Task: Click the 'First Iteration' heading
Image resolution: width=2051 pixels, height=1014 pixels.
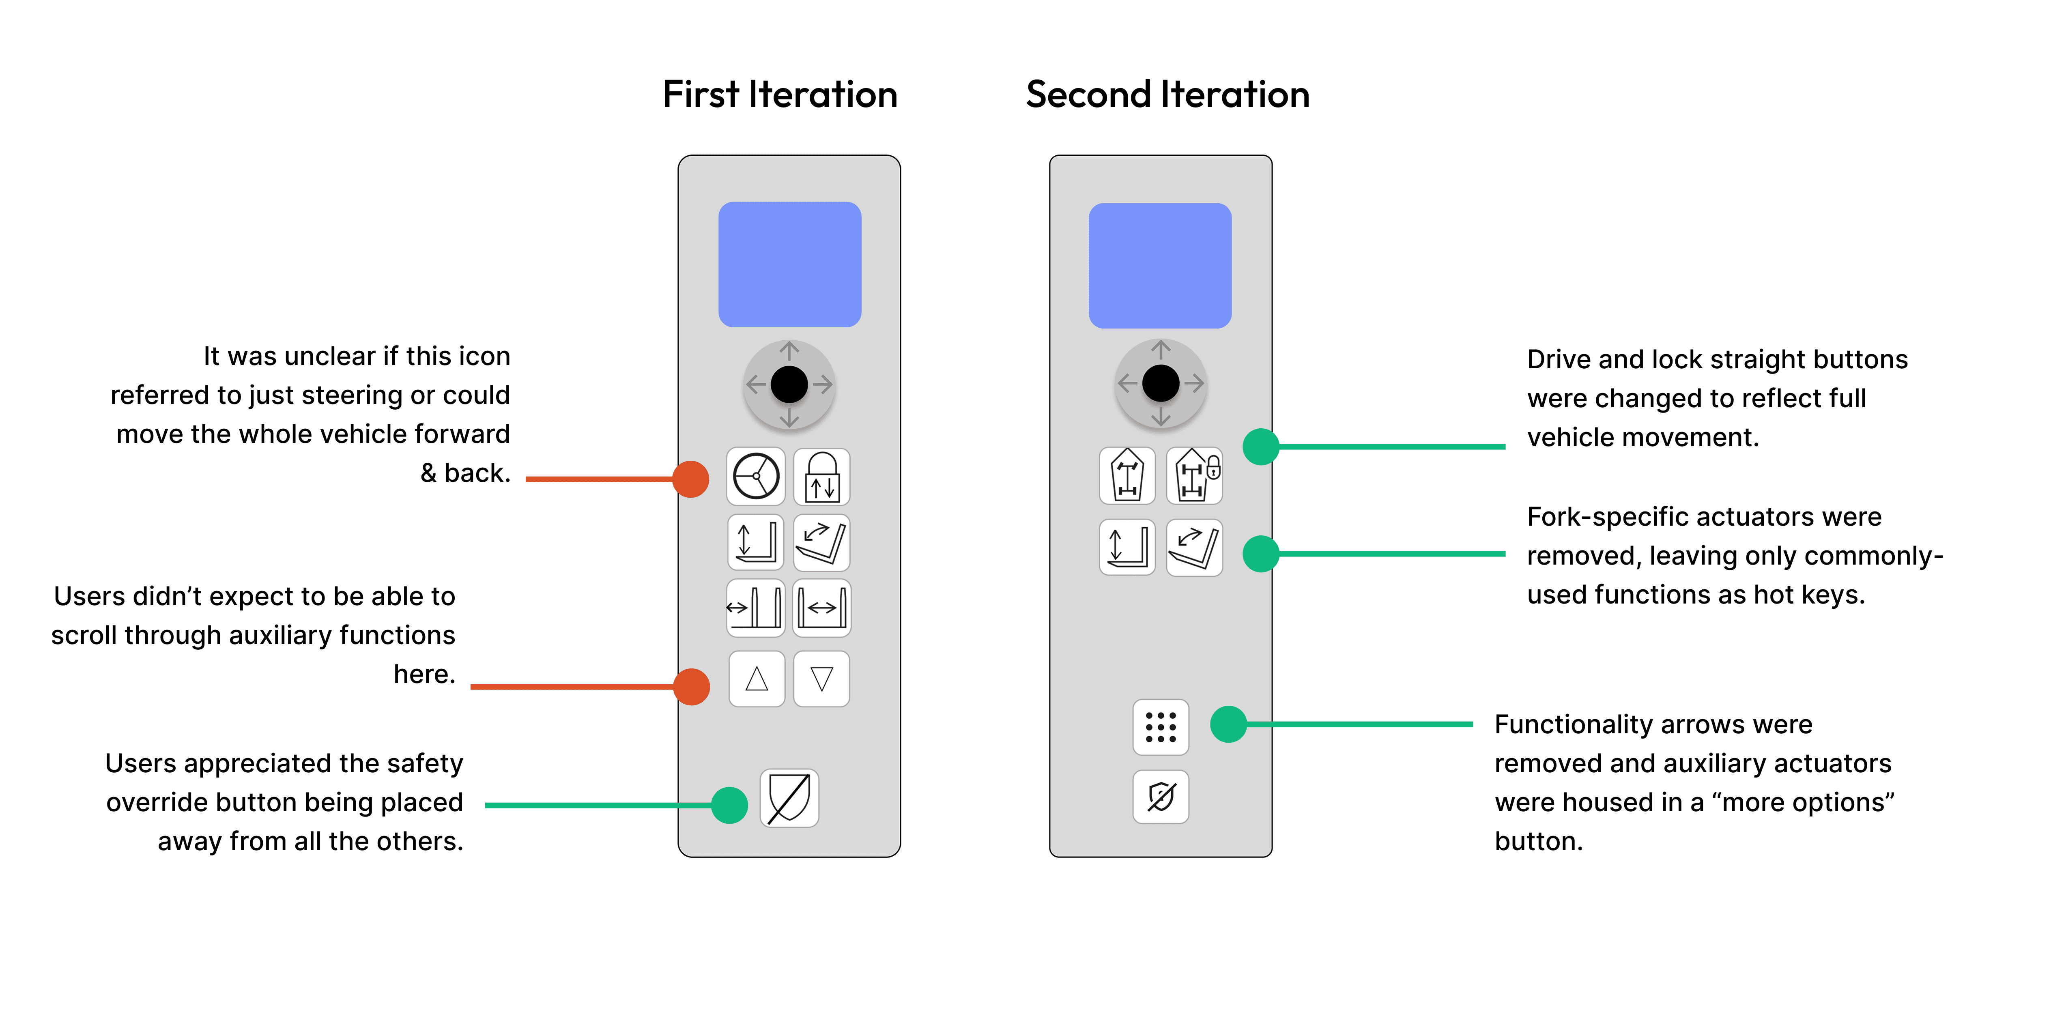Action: pos(780,95)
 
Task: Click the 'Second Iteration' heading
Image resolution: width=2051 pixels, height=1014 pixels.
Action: pos(1167,95)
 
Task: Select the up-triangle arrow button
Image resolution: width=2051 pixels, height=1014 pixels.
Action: pos(757,679)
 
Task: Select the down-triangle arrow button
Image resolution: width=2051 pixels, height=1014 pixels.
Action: pos(822,679)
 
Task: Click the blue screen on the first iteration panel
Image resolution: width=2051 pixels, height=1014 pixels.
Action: pos(790,264)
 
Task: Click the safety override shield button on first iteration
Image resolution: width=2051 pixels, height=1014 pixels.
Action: pos(789,797)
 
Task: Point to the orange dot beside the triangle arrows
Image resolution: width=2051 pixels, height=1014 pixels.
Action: pos(691,687)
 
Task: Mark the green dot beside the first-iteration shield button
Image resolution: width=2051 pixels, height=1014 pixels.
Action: pos(729,806)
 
